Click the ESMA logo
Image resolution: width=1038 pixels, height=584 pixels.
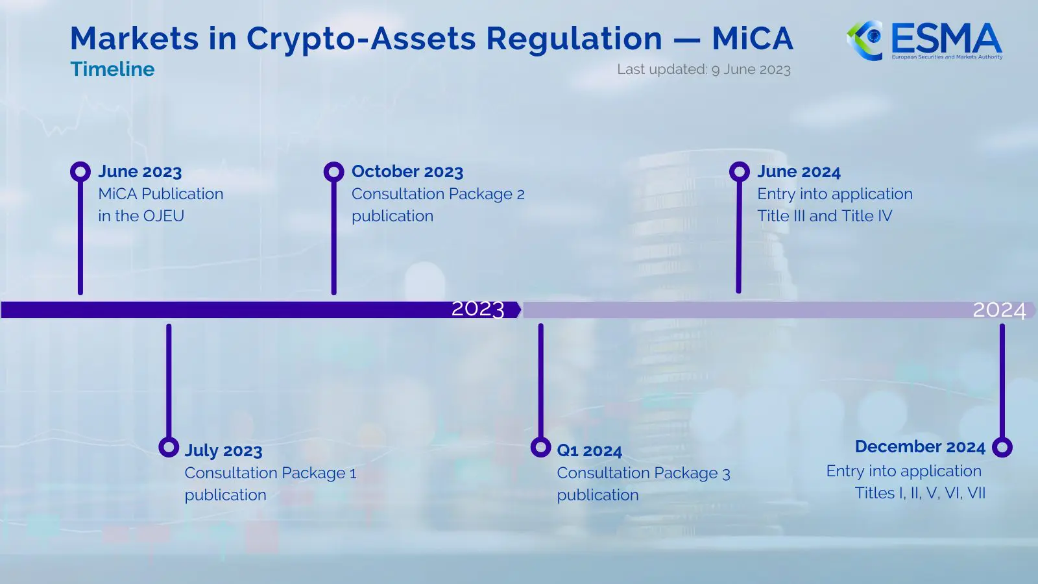click(x=924, y=40)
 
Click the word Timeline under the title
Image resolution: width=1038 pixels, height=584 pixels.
click(x=112, y=69)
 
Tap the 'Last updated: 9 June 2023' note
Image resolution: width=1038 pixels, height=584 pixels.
click(x=703, y=69)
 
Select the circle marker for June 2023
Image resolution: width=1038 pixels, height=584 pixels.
click(x=80, y=172)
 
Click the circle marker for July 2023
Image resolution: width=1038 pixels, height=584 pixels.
click(x=169, y=447)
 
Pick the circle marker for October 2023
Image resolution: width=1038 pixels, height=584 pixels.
click(x=333, y=172)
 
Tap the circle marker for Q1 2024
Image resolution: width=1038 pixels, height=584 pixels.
click(x=540, y=447)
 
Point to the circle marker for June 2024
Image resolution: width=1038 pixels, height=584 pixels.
click(x=739, y=172)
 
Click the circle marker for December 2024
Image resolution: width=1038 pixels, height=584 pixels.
click(x=1002, y=447)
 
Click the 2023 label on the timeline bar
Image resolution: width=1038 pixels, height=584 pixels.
click(x=477, y=310)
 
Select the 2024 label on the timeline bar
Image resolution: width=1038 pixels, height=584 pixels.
click(x=999, y=310)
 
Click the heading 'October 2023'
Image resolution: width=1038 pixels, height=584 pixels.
click(x=407, y=172)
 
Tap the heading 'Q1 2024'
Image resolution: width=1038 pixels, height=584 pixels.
click(x=589, y=451)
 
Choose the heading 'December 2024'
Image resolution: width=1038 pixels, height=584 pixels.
click(x=920, y=447)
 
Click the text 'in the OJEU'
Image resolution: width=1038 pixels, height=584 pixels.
click(x=141, y=216)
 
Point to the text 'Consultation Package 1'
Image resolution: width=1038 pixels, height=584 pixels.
click(x=271, y=473)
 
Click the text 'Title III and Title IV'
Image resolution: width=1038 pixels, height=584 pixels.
click(x=825, y=216)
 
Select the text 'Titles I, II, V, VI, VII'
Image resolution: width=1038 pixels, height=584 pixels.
click(x=920, y=493)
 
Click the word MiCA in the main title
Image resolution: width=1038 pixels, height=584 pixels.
click(x=753, y=39)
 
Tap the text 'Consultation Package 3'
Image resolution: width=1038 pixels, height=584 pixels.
click(x=643, y=473)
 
